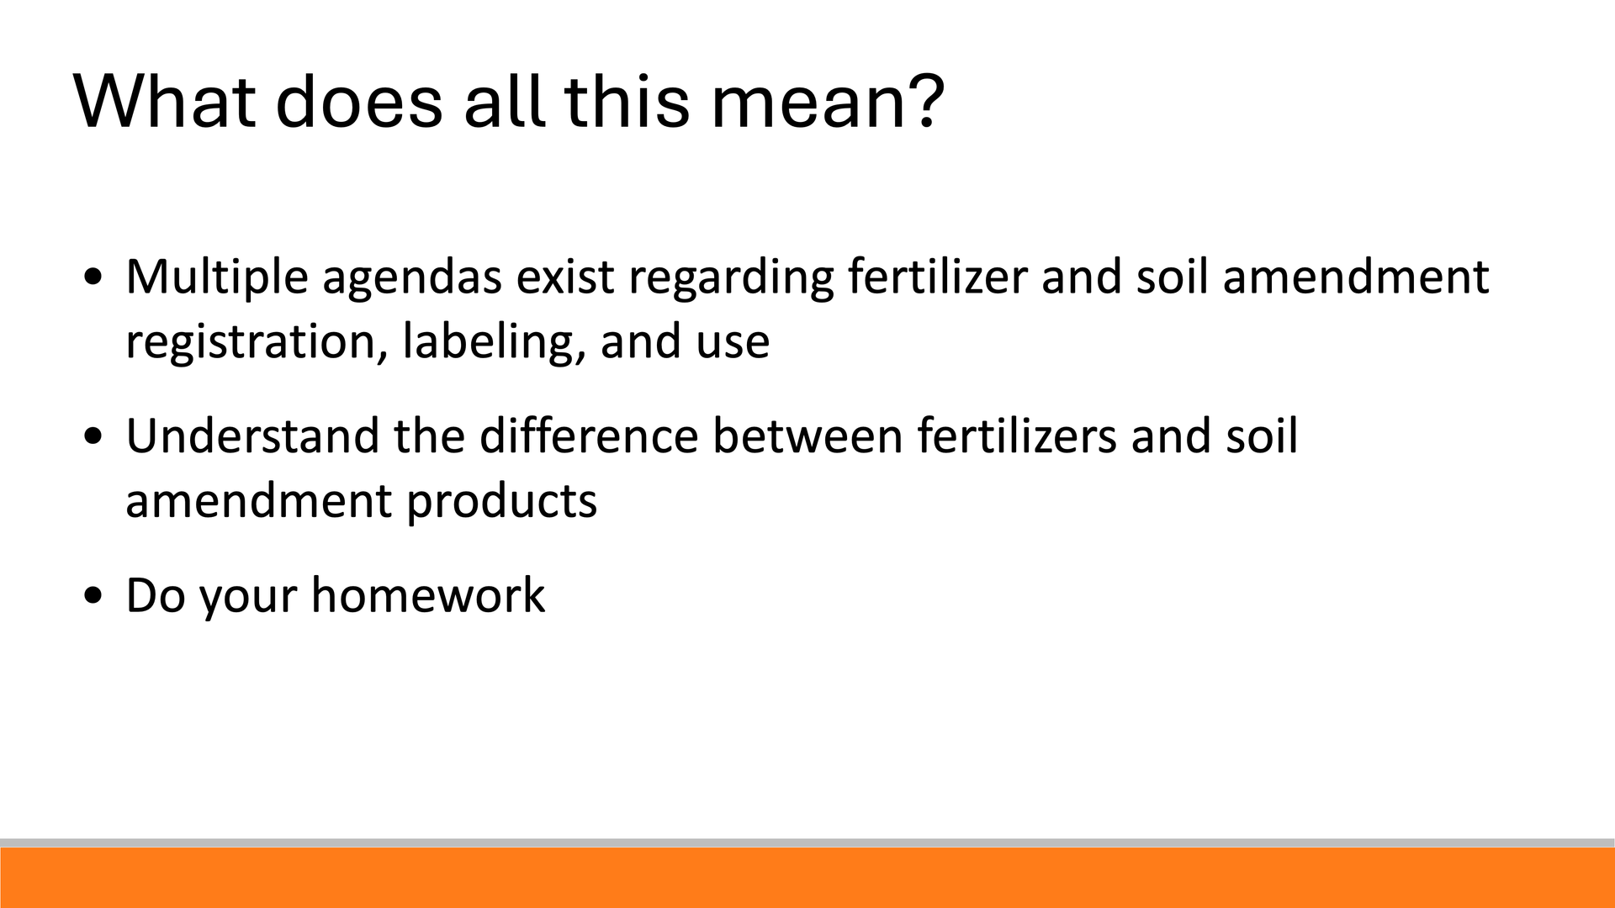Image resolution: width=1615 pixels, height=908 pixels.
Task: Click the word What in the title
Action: pyautogui.click(x=165, y=101)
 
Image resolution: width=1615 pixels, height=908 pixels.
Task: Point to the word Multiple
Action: pyautogui.click(x=217, y=277)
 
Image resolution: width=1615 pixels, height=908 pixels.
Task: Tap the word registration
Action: pyautogui.click(x=257, y=343)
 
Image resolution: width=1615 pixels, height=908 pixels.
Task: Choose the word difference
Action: pyautogui.click(x=589, y=436)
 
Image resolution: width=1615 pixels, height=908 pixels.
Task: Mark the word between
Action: pyautogui.click(x=807, y=436)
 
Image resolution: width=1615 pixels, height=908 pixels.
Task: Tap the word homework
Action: pyautogui.click(x=428, y=595)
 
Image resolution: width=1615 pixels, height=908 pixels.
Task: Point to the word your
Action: pyautogui.click(x=248, y=599)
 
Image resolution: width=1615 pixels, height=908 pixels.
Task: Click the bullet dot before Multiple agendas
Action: pyautogui.click(x=94, y=277)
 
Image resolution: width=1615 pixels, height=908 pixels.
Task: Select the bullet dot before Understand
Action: pyautogui.click(x=94, y=437)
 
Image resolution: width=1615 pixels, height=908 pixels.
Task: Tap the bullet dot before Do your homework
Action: pyautogui.click(x=94, y=596)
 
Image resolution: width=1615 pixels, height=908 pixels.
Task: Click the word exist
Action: pyautogui.click(x=565, y=277)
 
